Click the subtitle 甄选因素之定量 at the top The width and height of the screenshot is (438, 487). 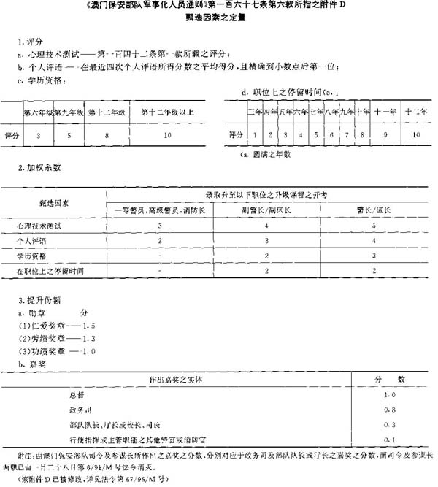pyautogui.click(x=218, y=20)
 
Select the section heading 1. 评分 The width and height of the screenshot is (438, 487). pyautogui.click(x=30, y=42)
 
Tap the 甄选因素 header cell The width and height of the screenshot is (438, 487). pyautogui.click(x=54, y=202)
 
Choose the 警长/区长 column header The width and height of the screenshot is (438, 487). pyautogui.click(x=374, y=210)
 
